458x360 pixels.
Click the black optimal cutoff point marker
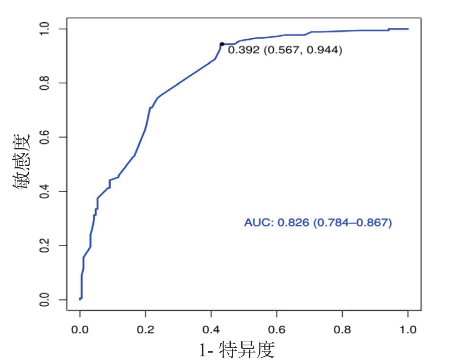tap(222, 44)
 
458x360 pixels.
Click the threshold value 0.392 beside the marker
tap(243, 51)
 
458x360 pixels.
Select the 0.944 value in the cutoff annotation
tap(323, 51)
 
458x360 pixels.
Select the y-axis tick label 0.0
tap(45, 300)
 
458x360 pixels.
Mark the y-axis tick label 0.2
tap(45, 246)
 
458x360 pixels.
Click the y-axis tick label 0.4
tap(45, 191)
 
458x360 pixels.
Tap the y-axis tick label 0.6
tap(45, 137)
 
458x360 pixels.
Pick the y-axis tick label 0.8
tap(45, 83)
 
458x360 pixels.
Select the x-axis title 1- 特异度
tap(237, 350)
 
